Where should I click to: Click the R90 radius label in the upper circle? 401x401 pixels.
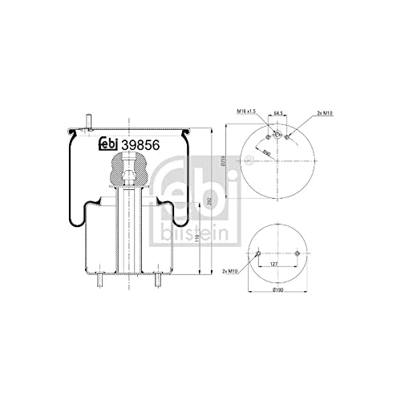[265, 151]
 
